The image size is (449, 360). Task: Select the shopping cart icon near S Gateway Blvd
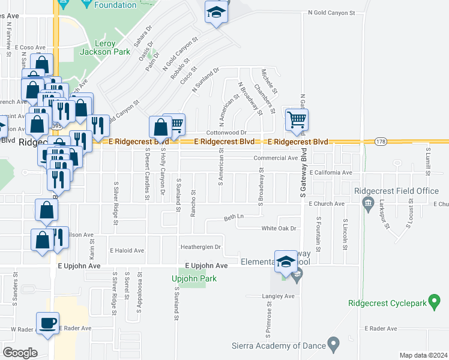pyautogui.click(x=297, y=119)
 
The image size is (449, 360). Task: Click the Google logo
pyautogui.click(x=20, y=352)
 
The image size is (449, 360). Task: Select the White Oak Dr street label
pyautogui.click(x=279, y=229)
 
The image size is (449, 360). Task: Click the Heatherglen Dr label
pyautogui.click(x=201, y=247)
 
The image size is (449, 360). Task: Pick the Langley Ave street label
pyautogui.click(x=278, y=296)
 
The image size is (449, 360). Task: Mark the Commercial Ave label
pyautogui.click(x=276, y=158)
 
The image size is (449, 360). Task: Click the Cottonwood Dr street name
pyautogui.click(x=227, y=132)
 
